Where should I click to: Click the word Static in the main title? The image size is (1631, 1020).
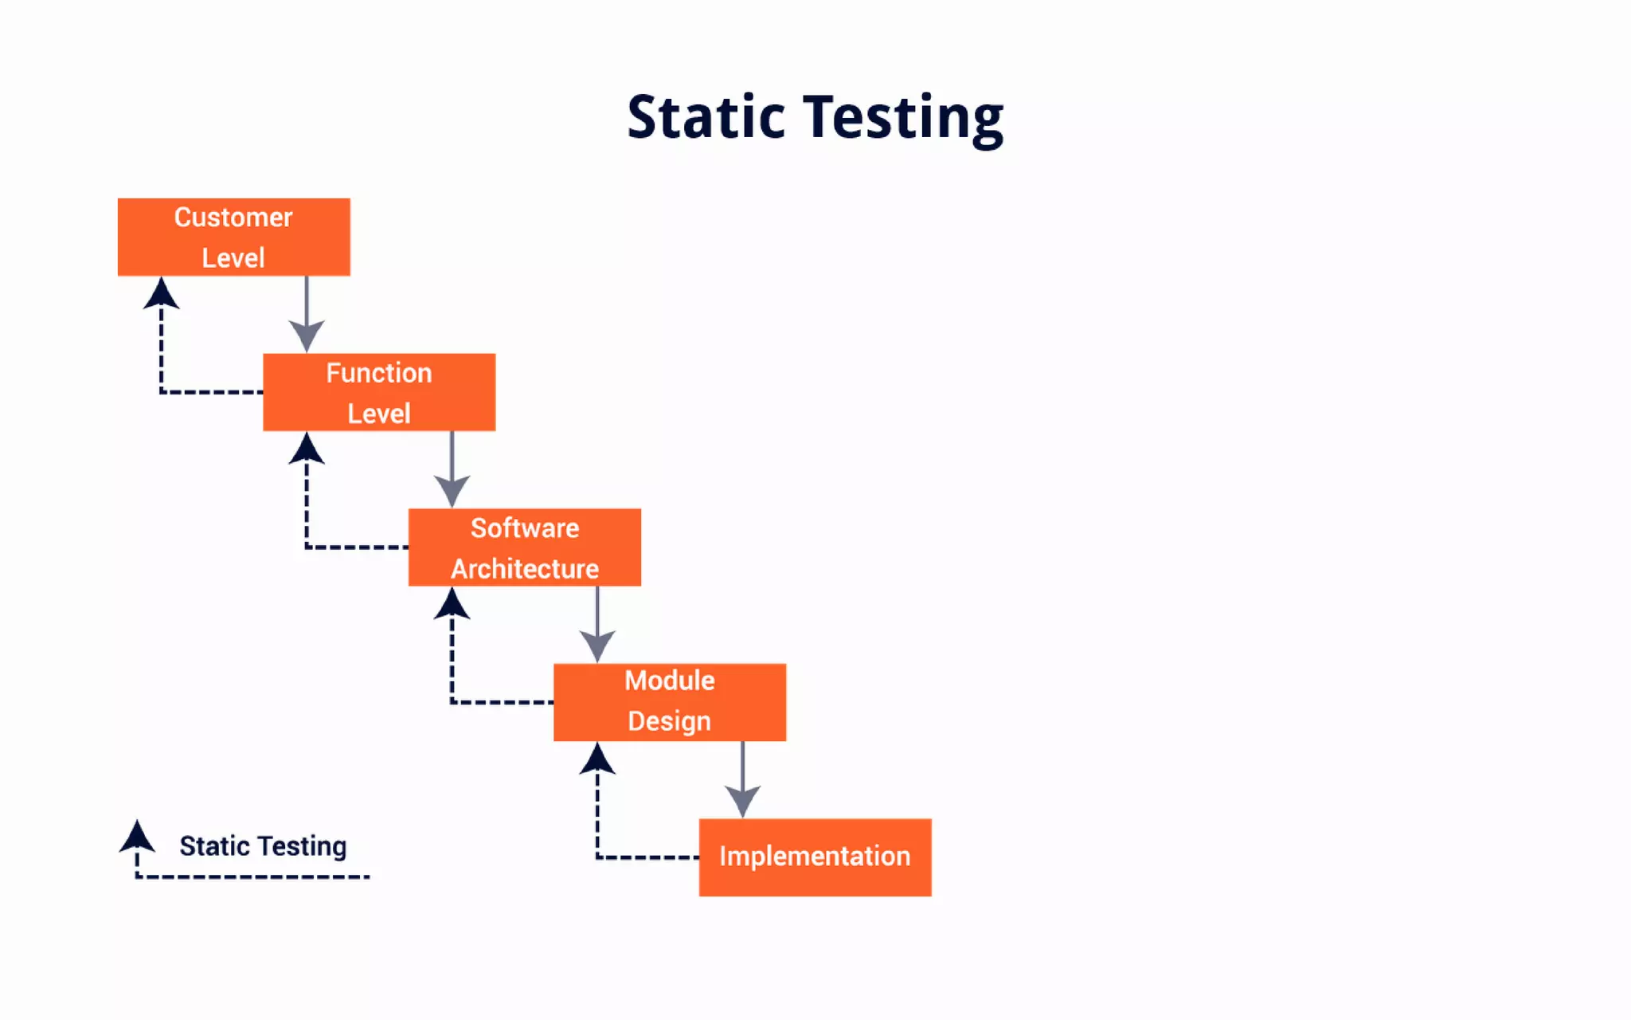(706, 118)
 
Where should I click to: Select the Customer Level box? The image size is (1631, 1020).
(233, 237)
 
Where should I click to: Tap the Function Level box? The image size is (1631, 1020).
(379, 392)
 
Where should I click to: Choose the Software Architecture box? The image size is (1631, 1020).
(524, 547)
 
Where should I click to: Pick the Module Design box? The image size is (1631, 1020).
(670, 702)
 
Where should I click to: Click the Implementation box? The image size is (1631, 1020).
(815, 857)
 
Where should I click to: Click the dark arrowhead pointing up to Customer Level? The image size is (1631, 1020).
(162, 295)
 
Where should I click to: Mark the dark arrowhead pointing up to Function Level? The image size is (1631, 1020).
(307, 449)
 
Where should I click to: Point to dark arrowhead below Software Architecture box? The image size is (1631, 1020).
(452, 605)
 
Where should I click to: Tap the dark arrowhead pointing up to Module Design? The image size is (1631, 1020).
(597, 759)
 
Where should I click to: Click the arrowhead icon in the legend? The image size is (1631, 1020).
(137, 838)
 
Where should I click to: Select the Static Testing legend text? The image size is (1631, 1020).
(263, 845)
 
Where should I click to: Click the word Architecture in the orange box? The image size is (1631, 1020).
(524, 569)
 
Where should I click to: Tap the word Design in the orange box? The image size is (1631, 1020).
(669, 721)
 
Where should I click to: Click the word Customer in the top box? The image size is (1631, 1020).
(233, 218)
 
